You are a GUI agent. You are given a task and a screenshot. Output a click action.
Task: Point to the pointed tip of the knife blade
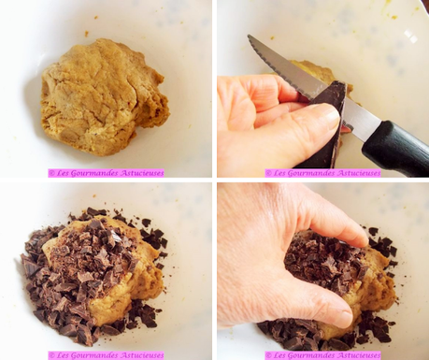[250, 39]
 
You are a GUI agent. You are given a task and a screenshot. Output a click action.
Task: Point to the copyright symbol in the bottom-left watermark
[52, 355]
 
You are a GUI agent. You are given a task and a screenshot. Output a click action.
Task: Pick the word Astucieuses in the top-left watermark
[141, 173]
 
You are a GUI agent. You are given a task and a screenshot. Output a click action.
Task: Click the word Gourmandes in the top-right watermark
[313, 173]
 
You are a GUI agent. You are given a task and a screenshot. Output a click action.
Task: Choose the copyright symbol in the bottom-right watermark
[268, 355]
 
